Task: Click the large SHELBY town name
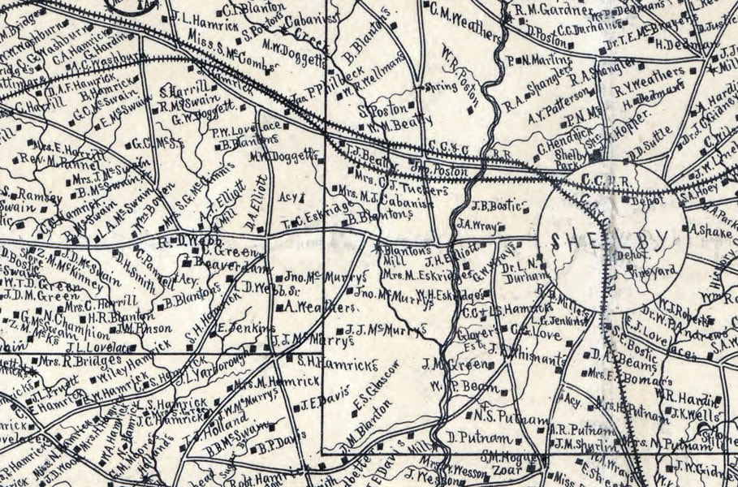609,240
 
